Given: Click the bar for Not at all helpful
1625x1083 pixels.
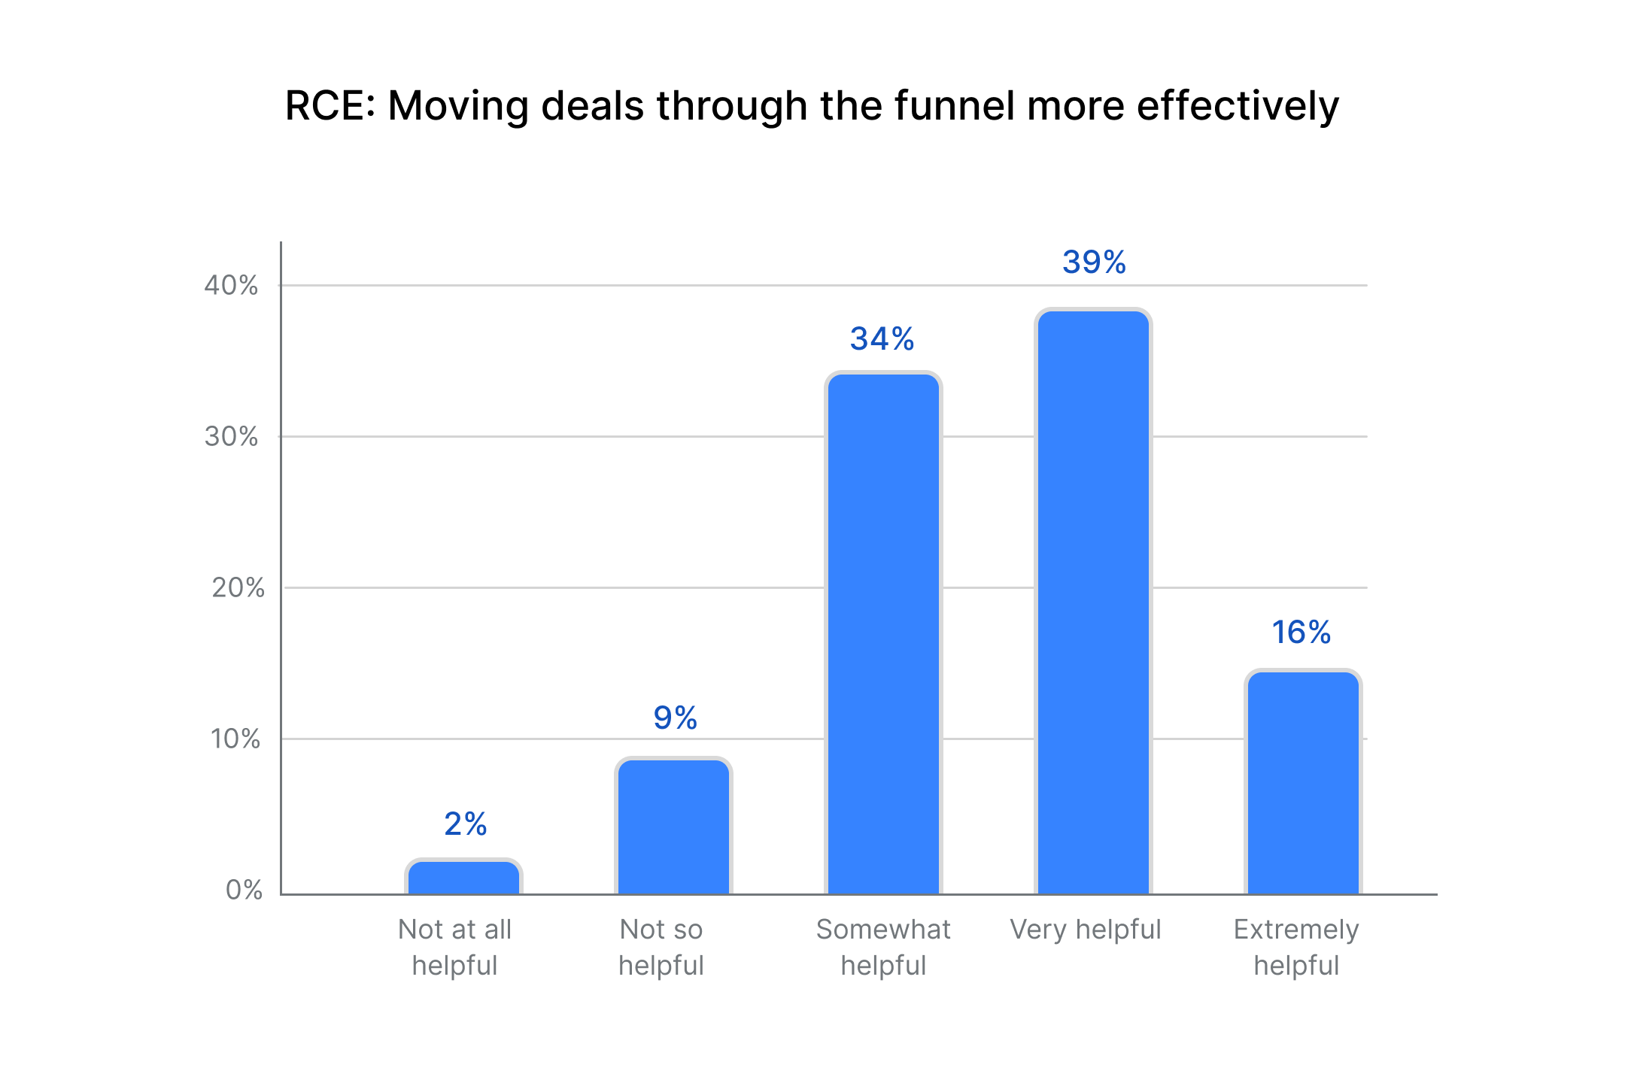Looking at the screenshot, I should point(463,877).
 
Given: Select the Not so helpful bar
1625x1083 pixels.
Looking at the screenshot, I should point(673,827).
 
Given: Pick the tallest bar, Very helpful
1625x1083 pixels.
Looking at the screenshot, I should point(1093,602).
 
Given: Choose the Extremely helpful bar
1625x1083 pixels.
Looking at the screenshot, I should point(1303,782).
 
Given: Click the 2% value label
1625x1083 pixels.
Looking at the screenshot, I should point(465,824).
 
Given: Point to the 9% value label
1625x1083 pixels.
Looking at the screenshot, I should point(675,718).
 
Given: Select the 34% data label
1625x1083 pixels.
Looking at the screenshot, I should point(882,339).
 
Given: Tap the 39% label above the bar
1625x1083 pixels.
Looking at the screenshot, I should point(1094,262).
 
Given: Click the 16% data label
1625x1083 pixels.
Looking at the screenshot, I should point(1301,633).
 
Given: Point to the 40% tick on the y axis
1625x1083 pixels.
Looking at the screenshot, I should point(231,286).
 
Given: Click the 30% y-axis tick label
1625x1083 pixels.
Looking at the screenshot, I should point(231,437).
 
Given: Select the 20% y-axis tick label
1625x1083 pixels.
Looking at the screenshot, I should point(238,588).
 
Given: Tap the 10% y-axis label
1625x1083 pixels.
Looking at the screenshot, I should point(235,739).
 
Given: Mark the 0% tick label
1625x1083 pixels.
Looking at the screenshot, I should point(244,890).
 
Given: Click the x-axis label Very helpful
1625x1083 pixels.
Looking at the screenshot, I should point(1085,930).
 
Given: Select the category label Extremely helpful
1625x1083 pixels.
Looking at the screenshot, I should point(1295,948).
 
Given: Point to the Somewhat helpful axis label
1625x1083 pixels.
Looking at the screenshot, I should point(883,948).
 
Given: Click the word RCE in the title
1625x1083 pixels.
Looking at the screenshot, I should point(329,106).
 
